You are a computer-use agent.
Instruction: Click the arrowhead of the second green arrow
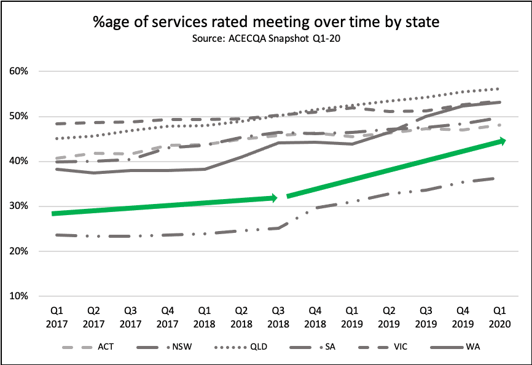[x=502, y=141]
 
